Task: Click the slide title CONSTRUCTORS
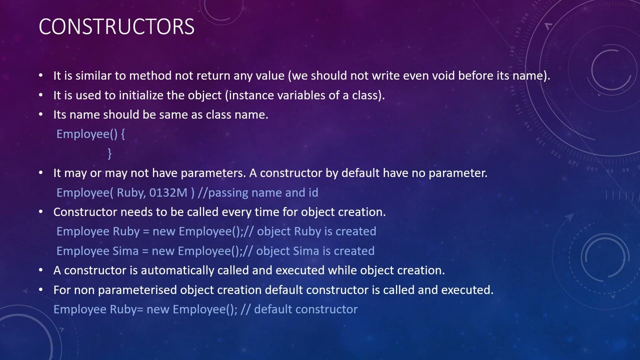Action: click(116, 26)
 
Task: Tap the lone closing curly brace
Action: click(109, 153)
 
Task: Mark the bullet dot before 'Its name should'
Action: click(41, 114)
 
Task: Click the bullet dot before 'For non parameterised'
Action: click(41, 290)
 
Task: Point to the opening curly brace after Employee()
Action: click(122, 134)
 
